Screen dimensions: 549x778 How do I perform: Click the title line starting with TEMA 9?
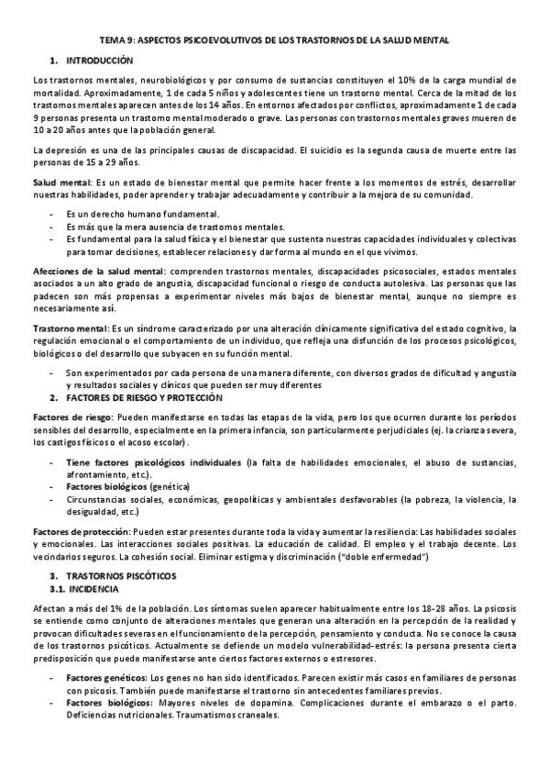(x=274, y=40)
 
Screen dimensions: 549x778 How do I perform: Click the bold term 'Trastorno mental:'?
(x=70, y=328)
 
